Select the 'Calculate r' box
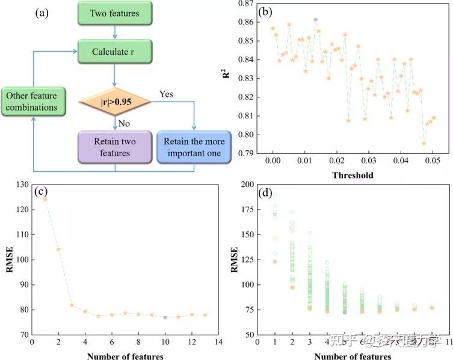click(113, 50)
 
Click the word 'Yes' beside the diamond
click(167, 94)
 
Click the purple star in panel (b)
click(315, 20)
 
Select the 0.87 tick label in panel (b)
click(246, 4)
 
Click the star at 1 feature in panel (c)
click(45, 199)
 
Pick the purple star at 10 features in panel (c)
click(165, 317)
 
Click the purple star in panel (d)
click(345, 312)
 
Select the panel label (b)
click(265, 10)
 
